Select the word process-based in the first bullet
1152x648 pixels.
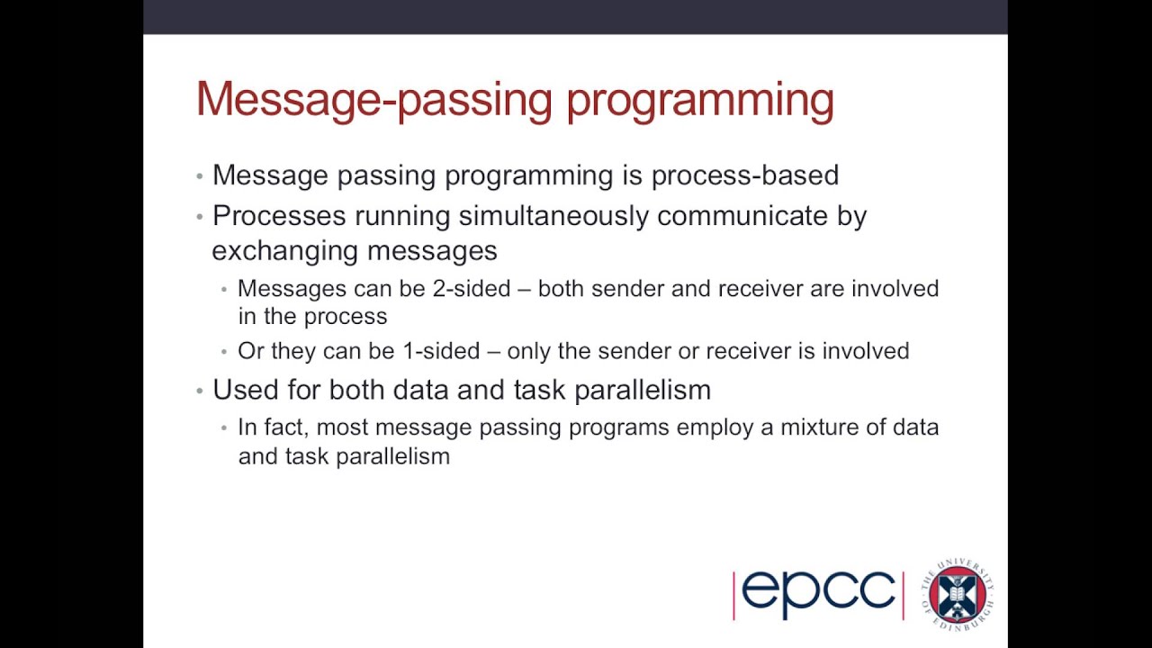tap(744, 175)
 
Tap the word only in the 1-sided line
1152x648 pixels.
tap(529, 351)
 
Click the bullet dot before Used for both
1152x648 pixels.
tap(200, 391)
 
